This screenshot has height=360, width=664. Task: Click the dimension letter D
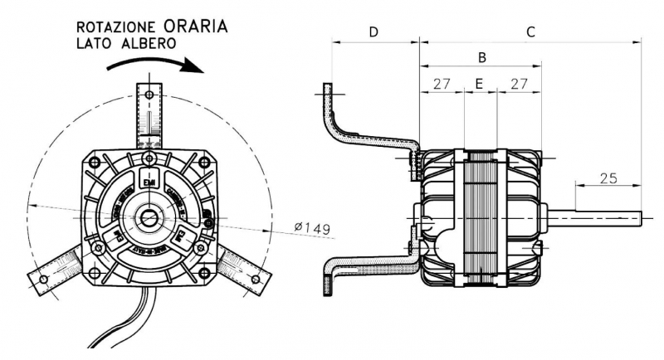coord(373,32)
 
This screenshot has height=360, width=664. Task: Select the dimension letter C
coord(530,32)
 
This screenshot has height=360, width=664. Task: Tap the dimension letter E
coord(479,84)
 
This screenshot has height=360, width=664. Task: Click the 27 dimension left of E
coord(442,84)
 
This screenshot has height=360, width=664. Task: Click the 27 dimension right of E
coord(520,84)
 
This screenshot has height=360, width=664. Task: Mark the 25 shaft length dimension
coord(608,177)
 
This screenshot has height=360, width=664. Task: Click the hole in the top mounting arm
coord(149,94)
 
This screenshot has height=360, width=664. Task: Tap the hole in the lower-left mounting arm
coord(43,280)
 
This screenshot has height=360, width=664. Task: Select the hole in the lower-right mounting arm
coord(255,280)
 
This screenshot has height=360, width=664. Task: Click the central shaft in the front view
coord(149,219)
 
